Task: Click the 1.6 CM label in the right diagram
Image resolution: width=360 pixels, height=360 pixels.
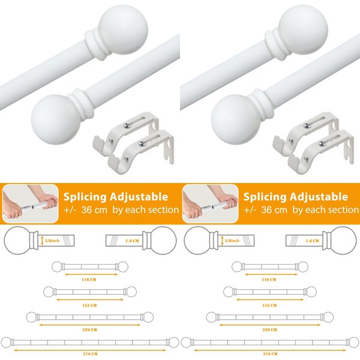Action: tap(312, 240)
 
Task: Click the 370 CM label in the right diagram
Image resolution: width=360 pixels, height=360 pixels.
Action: tap(269, 353)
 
